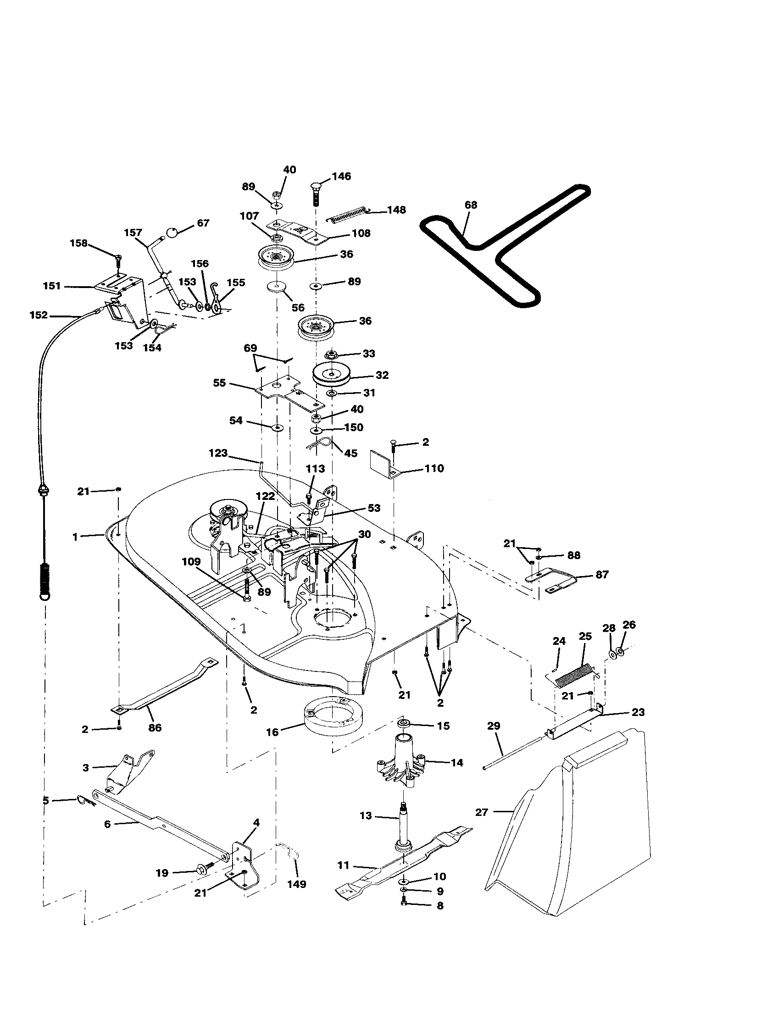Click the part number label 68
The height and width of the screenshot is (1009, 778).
pos(471,205)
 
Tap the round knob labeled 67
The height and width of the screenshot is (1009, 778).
pos(172,232)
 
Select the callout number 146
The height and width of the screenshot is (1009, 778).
pos(341,176)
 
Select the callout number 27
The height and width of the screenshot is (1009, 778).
pos(481,812)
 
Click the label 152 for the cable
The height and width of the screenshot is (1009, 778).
pos(39,315)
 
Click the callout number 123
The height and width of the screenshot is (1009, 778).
pos(218,453)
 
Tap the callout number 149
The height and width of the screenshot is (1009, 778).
pos(297,884)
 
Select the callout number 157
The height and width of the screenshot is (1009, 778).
pos(133,233)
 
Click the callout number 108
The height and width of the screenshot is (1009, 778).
pos(361,233)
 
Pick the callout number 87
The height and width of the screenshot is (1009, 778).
pos(602,574)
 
